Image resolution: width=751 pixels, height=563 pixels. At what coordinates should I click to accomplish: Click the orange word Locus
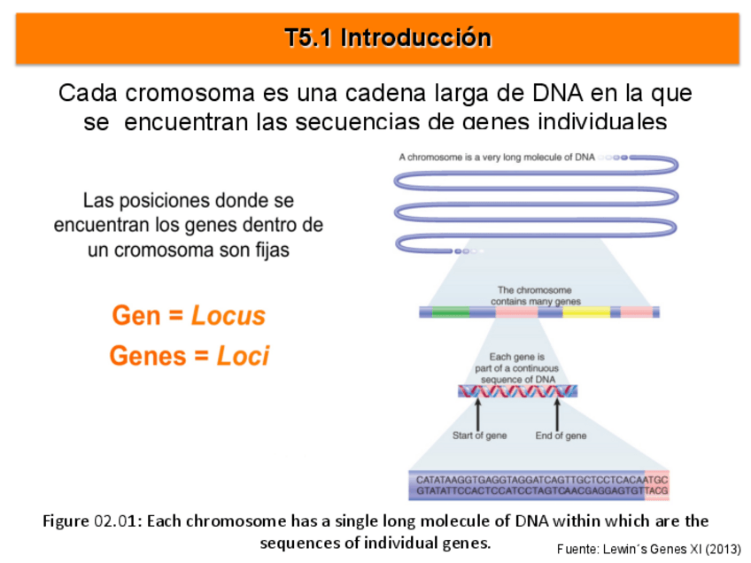click(x=228, y=316)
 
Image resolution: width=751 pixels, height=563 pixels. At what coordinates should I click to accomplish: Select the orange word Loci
click(x=243, y=356)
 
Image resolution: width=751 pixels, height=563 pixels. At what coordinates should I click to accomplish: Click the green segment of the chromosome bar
click(x=451, y=312)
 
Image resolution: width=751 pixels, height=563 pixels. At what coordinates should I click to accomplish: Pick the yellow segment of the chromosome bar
click(x=586, y=312)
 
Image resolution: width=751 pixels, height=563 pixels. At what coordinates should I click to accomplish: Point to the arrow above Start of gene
click(x=478, y=413)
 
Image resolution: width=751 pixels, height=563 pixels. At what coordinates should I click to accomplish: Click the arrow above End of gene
click(x=557, y=413)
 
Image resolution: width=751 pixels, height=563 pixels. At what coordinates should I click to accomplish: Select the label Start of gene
click(x=479, y=436)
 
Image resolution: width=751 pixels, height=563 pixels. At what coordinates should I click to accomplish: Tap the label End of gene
click(x=561, y=436)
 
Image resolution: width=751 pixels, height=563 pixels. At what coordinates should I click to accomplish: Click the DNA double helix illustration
click(x=518, y=391)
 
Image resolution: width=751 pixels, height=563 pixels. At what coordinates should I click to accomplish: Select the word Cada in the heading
click(x=88, y=93)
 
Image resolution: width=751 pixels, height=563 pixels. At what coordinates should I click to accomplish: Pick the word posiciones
click(x=159, y=201)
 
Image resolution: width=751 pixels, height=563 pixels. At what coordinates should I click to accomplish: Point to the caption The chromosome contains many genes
click(x=535, y=296)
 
